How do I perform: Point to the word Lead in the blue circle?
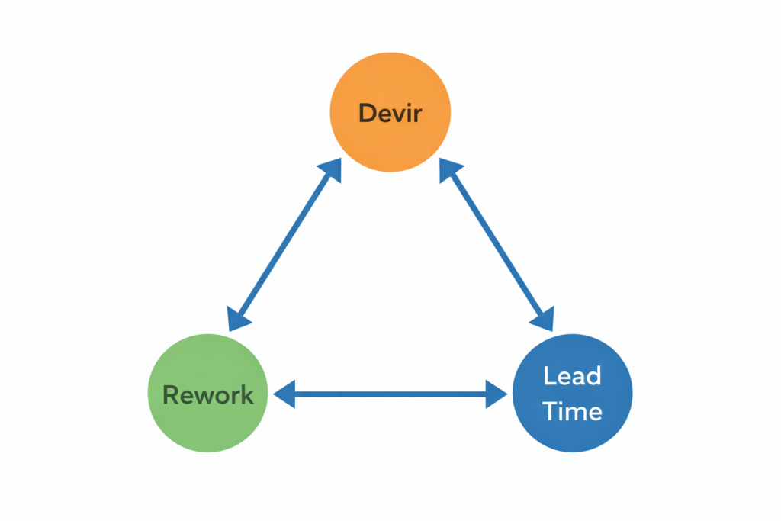point(572,376)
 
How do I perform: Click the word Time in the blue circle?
point(572,412)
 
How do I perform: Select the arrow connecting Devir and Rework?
point(284,246)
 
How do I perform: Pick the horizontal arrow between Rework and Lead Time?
point(390,394)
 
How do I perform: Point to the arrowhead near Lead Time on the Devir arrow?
point(545,320)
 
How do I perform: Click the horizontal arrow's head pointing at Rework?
point(283,394)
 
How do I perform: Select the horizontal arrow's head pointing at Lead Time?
point(497,394)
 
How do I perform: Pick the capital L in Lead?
point(549,376)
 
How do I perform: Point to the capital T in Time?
point(550,412)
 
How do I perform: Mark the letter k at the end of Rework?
point(246,395)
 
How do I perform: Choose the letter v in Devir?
point(397,114)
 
